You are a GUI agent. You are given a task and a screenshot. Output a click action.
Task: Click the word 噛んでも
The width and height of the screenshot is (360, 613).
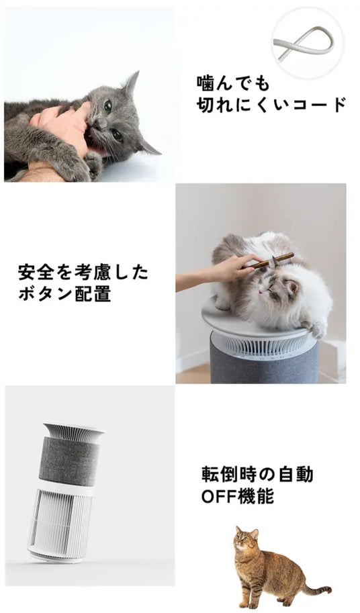coord(233,83)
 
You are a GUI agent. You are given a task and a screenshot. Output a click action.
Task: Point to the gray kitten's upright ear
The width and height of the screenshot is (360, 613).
coord(132,83)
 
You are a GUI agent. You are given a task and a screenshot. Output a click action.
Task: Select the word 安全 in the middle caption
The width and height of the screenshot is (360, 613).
coord(36,272)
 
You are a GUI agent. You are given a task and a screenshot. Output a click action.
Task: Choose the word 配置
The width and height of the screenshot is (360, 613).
coord(92,294)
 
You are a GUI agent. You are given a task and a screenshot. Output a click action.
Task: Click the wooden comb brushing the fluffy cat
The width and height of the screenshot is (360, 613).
coord(271,261)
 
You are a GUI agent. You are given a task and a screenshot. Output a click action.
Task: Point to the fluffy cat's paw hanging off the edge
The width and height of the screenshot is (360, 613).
coord(318,330)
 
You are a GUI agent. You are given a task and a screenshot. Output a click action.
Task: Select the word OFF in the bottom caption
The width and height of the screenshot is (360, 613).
coord(219,496)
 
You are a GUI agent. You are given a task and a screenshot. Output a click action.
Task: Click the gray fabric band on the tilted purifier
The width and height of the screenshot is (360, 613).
coord(69,461)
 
